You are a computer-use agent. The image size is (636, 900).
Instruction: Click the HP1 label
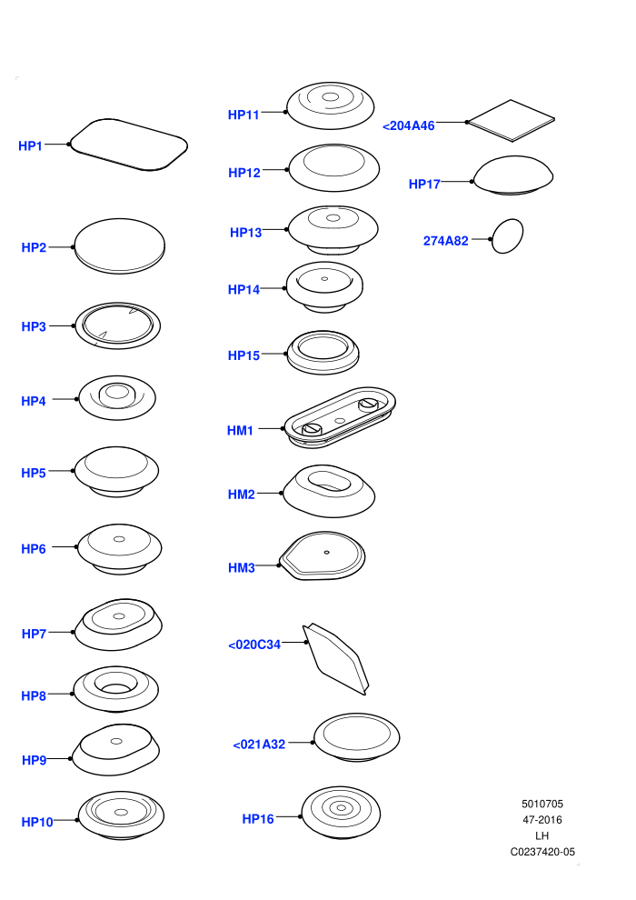tap(30, 145)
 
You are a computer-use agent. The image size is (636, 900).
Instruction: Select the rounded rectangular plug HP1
tap(128, 145)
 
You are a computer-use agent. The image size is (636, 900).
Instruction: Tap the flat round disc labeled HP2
tap(119, 245)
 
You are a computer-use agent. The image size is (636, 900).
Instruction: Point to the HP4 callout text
tap(34, 401)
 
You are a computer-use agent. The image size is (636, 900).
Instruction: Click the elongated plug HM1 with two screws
tap(340, 417)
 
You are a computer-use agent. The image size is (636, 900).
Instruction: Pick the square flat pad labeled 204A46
tap(511, 121)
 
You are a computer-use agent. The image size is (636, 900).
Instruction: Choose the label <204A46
tap(408, 125)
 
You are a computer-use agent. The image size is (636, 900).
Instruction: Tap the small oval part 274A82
tap(508, 235)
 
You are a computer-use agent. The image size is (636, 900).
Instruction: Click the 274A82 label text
tap(445, 241)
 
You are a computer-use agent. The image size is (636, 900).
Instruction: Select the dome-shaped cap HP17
tap(512, 175)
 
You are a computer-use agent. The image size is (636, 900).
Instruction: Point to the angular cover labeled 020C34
tap(336, 659)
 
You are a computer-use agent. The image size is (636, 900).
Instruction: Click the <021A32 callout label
tap(259, 745)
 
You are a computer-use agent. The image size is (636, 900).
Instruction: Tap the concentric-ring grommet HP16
tap(341, 812)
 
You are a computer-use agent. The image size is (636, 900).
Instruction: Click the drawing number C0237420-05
tap(542, 852)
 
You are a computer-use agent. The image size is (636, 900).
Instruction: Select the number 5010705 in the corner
tap(542, 805)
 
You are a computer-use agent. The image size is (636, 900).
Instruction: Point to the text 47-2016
tap(542, 820)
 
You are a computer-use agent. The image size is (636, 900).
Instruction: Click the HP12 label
tap(244, 173)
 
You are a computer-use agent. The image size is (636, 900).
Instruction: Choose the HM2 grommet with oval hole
tap(329, 491)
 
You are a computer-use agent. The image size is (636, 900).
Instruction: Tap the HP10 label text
tap(36, 822)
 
